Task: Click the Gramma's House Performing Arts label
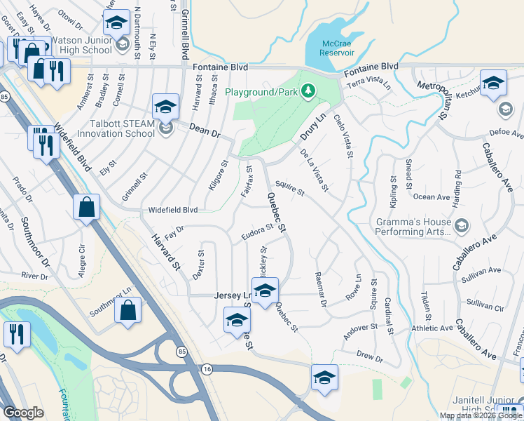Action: click(413, 226)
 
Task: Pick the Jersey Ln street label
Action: click(230, 296)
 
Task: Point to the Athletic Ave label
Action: click(432, 328)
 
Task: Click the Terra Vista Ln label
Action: click(368, 82)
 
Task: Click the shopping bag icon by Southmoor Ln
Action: click(127, 311)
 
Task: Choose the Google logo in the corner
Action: click(23, 413)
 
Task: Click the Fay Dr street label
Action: click(174, 231)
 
